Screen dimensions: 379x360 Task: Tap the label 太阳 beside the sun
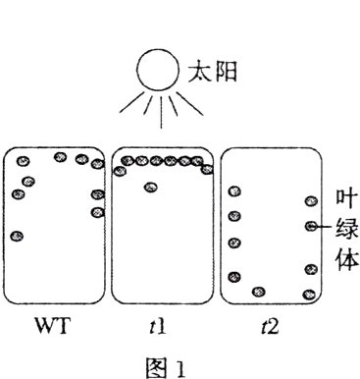212,73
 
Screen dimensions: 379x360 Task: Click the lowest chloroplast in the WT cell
18,237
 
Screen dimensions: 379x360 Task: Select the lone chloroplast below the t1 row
150,188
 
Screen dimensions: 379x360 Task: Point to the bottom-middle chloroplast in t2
258,291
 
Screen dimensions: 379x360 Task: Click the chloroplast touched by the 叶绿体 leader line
312,227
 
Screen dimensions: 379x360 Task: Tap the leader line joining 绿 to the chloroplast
327,228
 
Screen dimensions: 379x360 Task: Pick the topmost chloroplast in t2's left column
233,191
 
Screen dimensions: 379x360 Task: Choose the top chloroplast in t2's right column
312,201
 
